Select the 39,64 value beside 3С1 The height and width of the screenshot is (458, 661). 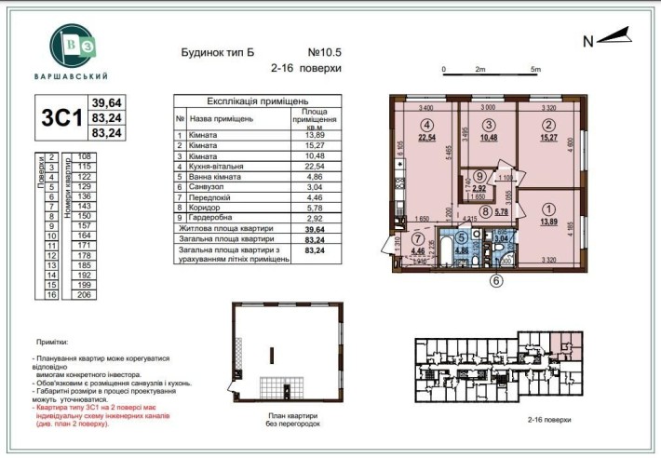[x=107, y=102]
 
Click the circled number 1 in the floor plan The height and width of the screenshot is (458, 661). [x=547, y=209]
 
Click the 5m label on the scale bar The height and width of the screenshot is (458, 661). [x=535, y=69]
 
